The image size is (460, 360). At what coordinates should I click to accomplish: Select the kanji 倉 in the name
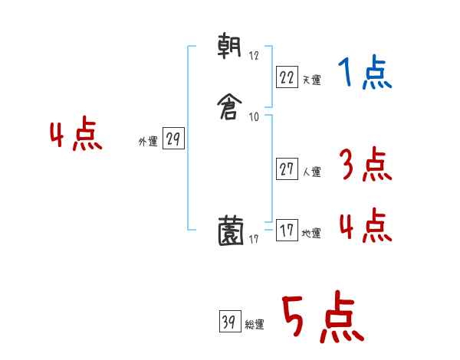(230, 102)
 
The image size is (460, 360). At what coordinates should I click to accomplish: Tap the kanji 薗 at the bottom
(231, 231)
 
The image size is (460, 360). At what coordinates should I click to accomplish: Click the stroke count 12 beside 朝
(255, 56)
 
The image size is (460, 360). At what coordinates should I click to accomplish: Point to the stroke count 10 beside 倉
(255, 117)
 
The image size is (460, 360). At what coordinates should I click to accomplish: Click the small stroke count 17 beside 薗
(255, 240)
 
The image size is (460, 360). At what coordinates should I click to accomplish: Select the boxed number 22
(286, 76)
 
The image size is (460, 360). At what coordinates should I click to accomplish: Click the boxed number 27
(286, 170)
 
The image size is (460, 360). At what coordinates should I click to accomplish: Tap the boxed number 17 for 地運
(286, 231)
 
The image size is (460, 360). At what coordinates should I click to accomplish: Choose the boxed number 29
(173, 139)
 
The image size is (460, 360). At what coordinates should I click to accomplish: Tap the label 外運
(147, 142)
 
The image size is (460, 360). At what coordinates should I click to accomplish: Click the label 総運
(254, 326)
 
